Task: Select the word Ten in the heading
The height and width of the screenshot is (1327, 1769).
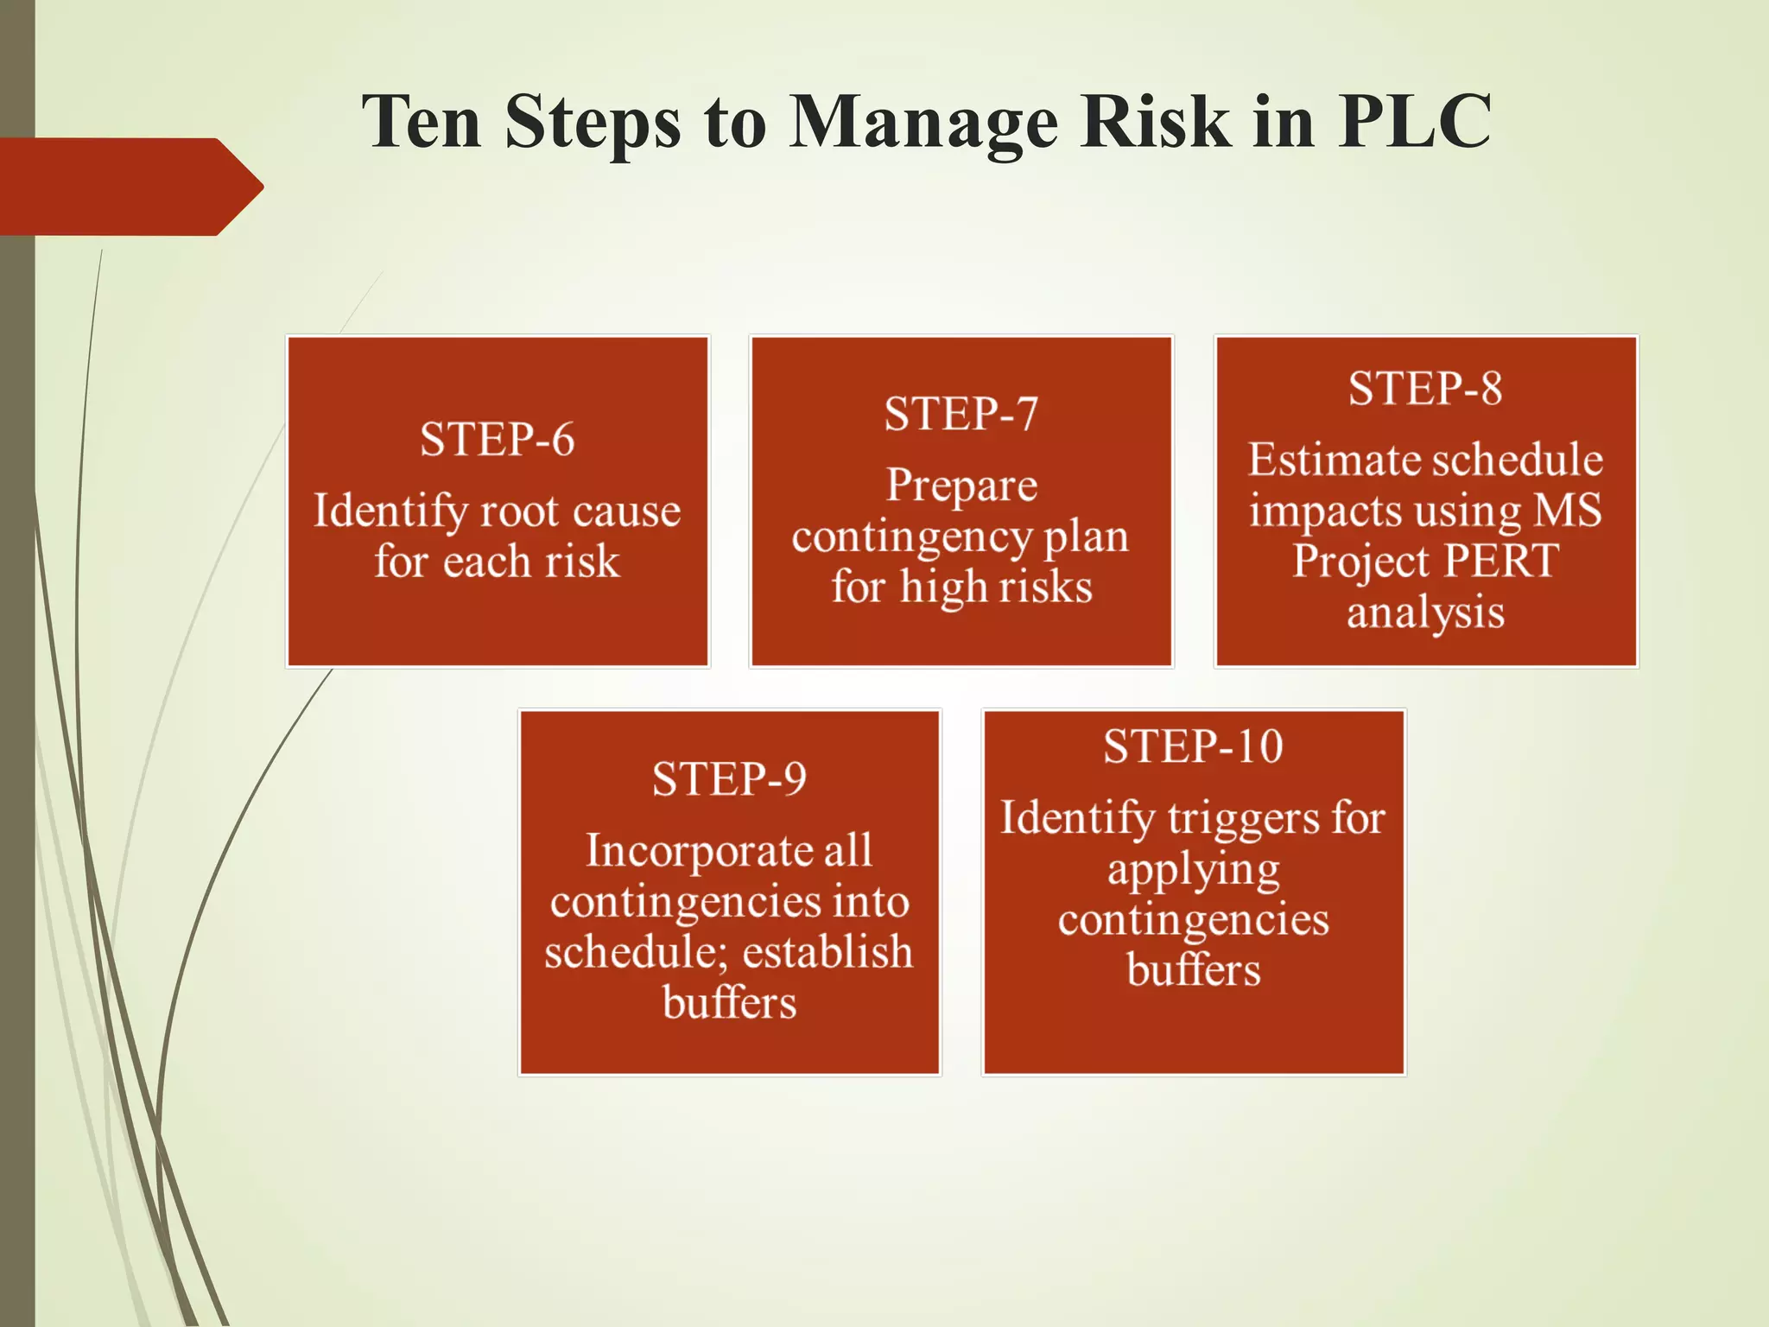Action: click(421, 121)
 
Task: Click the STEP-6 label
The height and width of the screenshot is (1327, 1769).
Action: click(497, 439)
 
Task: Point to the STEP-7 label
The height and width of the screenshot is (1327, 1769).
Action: click(961, 414)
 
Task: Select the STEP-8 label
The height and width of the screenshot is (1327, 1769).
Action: click(1425, 388)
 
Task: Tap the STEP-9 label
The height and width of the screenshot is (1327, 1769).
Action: click(729, 779)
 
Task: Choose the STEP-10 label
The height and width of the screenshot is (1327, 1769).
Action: click(1193, 746)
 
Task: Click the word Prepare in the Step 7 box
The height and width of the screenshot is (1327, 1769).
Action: click(961, 486)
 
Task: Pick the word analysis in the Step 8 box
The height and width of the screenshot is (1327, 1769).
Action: click(1425, 613)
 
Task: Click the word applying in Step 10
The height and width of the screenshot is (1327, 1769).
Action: click(1193, 871)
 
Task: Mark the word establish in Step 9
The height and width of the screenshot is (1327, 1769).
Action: click(827, 952)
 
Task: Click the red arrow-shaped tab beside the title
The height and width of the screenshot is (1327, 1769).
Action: click(130, 187)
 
